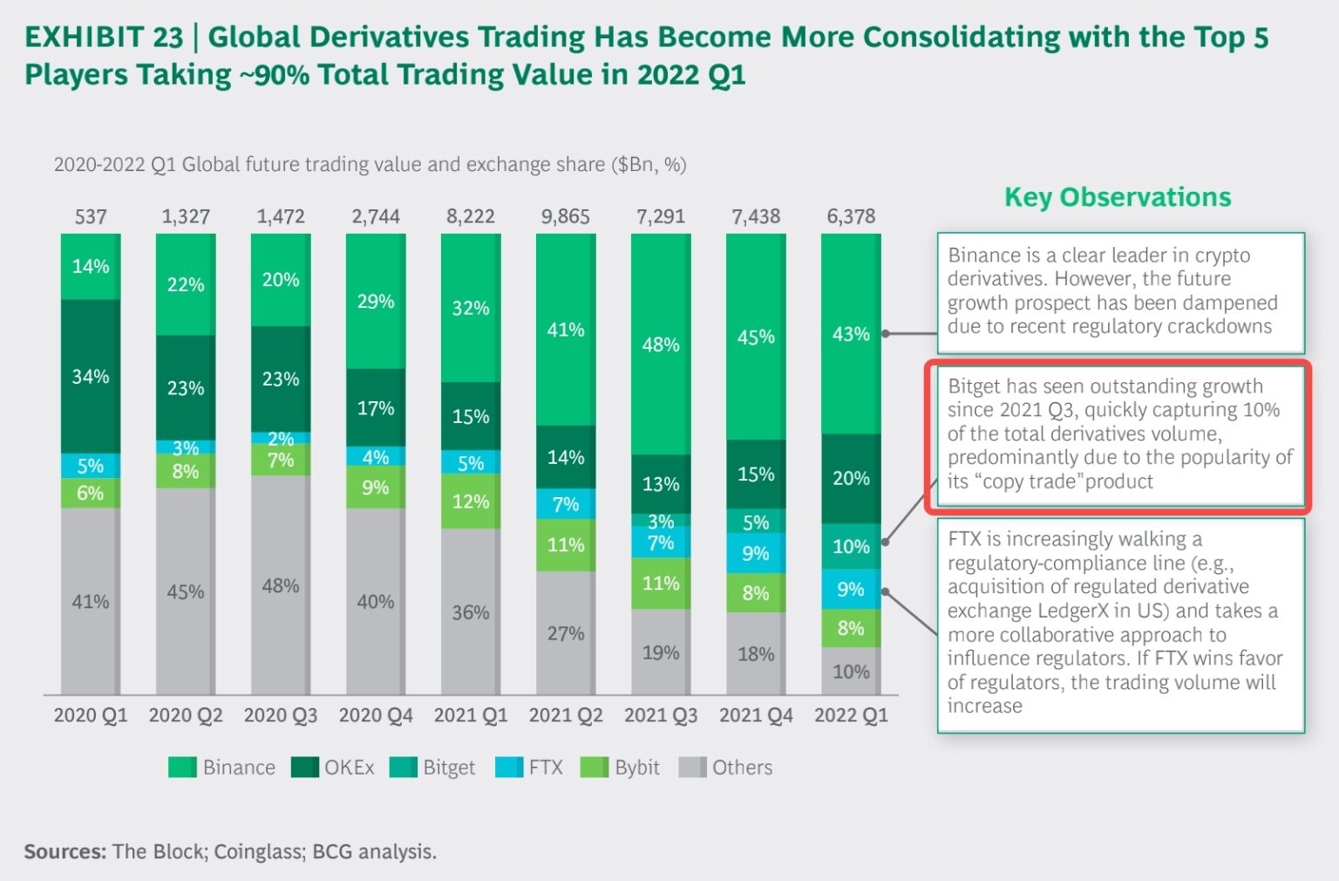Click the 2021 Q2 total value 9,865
565,216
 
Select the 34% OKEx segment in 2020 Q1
91,377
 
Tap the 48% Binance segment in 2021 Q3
661,344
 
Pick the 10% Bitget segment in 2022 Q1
851,547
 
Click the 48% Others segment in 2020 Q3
281,585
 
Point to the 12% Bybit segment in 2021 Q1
471,502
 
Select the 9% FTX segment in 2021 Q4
756,553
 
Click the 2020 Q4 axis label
376,715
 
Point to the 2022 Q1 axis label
851,715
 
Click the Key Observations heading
1118,197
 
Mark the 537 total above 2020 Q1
91,216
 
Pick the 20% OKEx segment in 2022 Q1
851,478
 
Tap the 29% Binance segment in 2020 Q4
376,301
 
